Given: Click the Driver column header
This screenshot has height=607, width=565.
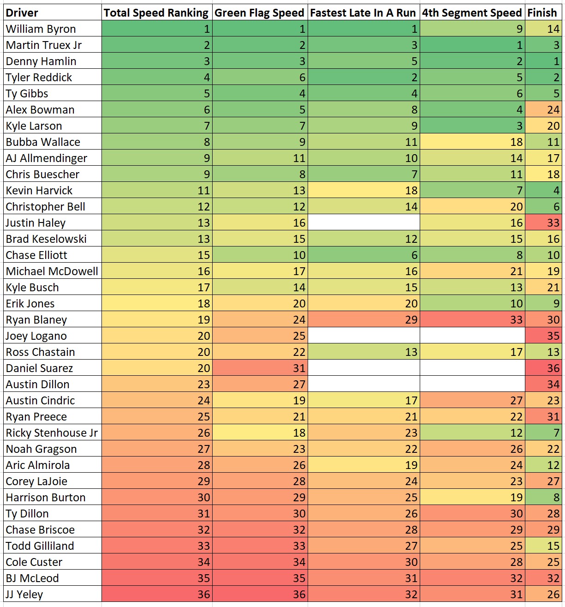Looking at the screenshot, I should (x=22, y=13).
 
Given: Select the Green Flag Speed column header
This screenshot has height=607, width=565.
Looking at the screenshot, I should (x=260, y=13).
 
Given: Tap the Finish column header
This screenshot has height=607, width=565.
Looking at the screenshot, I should (x=542, y=13).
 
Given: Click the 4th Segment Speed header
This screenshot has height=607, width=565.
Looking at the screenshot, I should (x=472, y=13).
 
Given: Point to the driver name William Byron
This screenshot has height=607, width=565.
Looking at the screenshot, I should (x=41, y=29).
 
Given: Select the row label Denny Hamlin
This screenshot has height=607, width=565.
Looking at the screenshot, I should (x=41, y=61).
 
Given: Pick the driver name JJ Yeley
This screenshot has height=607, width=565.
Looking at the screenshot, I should (x=24, y=595).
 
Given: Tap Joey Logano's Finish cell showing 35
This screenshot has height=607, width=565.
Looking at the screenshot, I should (x=543, y=336).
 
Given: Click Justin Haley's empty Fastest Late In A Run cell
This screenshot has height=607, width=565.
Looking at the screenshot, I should (x=364, y=223).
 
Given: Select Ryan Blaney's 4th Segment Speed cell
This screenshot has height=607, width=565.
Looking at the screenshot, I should (x=472, y=320).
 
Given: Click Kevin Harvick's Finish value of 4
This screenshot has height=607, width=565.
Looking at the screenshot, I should (x=543, y=191).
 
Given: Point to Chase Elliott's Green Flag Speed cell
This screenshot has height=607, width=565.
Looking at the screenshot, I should (x=260, y=255).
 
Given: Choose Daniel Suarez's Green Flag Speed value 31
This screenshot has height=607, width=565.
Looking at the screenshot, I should (x=260, y=368).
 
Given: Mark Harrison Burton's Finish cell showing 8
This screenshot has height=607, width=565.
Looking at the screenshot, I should (x=543, y=498).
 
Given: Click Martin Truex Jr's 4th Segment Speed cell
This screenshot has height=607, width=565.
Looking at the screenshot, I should (x=472, y=45).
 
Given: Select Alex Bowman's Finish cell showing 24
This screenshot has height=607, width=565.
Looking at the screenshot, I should (x=543, y=110).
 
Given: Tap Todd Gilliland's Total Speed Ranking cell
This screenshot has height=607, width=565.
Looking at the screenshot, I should (x=157, y=546).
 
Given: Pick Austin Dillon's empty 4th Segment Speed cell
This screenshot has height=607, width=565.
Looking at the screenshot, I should (x=472, y=385).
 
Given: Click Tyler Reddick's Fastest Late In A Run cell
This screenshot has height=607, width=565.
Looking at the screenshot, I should (x=364, y=78).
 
